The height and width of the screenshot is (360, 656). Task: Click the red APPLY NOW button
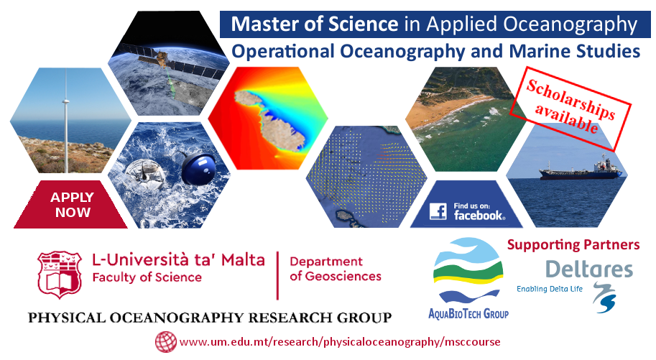(x=71, y=205)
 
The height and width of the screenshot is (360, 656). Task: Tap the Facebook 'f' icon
(x=438, y=211)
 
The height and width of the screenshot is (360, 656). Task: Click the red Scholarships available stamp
(x=570, y=108)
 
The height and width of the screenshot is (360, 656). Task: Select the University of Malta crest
(x=60, y=274)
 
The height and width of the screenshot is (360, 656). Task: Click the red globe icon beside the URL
(x=166, y=342)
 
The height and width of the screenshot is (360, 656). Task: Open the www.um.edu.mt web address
(x=340, y=342)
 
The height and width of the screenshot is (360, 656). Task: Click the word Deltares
(x=589, y=269)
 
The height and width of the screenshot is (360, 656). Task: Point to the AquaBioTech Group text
(x=468, y=313)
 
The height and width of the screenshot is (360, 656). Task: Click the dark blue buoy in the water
(x=199, y=169)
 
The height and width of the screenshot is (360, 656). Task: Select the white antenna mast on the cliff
(x=65, y=121)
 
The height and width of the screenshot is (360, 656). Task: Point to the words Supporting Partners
(x=573, y=244)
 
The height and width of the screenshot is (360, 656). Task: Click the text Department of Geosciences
(x=335, y=269)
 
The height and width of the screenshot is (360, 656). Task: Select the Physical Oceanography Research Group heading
(x=210, y=318)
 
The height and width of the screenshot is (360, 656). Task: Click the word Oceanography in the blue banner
(x=570, y=24)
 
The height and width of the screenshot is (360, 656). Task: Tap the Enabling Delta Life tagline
(x=550, y=289)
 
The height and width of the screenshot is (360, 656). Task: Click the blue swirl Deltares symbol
(x=604, y=297)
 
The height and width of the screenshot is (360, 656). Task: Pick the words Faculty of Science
(x=147, y=277)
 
